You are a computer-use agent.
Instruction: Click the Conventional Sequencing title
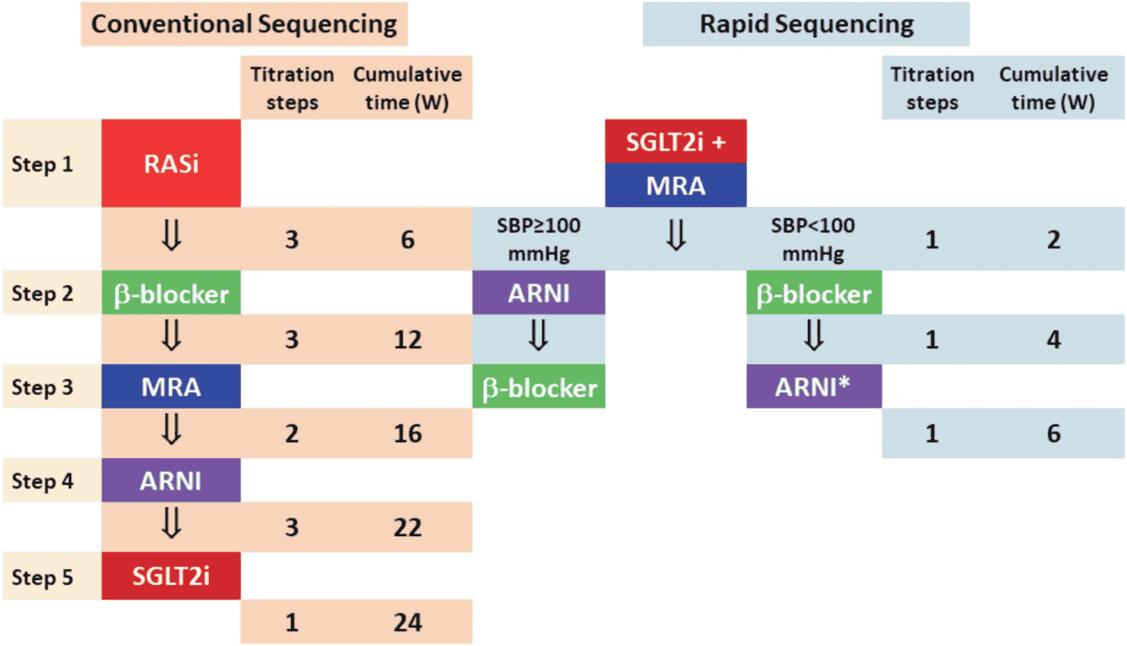pos(244,25)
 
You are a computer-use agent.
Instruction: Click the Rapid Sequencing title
pos(806,25)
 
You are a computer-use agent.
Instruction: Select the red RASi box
pos(171,163)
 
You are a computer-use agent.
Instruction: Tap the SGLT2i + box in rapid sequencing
pos(676,142)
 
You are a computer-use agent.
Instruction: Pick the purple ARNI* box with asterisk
pos(814,386)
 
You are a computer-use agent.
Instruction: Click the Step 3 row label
pos(42,387)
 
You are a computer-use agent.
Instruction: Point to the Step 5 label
pos(42,578)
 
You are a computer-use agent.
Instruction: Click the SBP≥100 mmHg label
pos(538,239)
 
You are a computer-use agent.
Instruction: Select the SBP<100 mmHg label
pos(813,239)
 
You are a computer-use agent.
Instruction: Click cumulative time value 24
pos(408,622)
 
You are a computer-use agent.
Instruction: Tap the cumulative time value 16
pos(408,434)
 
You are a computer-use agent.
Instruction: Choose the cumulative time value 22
pos(408,528)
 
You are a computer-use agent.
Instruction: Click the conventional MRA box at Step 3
pos(171,386)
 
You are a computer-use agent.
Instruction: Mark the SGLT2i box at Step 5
pos(171,576)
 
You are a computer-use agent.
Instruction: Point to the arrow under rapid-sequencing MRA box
pos(676,236)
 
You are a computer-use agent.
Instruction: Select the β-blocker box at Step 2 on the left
pos(171,293)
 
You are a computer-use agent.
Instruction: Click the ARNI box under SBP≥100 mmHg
pos(538,293)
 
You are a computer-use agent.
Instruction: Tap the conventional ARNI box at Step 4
pos(171,480)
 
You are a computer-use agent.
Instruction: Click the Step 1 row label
pos(42,164)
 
